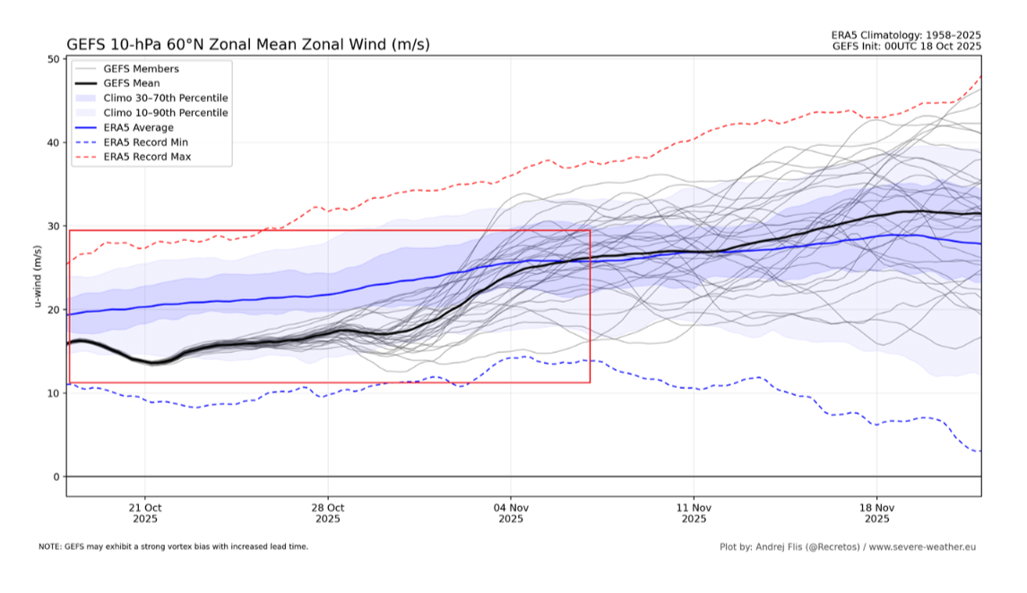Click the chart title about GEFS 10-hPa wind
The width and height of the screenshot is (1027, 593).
247,44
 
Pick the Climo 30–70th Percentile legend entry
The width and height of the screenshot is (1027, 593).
166,98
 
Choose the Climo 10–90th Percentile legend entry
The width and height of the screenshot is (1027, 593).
166,113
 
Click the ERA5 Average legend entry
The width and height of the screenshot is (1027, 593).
138,127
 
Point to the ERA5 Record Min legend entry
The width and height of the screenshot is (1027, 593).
145,142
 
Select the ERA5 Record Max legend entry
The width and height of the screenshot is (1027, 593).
147,157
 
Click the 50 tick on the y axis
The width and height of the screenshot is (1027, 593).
53,59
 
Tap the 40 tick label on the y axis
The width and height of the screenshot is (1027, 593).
53,142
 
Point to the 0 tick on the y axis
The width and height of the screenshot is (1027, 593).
56,477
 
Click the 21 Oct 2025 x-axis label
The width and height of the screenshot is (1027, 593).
145,512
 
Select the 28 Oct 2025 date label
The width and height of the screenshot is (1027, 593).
328,512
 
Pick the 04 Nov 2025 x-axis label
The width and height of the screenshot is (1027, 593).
511,512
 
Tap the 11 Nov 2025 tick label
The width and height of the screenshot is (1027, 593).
694,512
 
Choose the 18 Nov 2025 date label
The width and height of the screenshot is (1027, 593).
876,512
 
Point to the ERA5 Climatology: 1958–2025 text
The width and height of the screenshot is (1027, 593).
906,35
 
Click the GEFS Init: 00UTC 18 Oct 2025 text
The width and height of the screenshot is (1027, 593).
906,46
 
